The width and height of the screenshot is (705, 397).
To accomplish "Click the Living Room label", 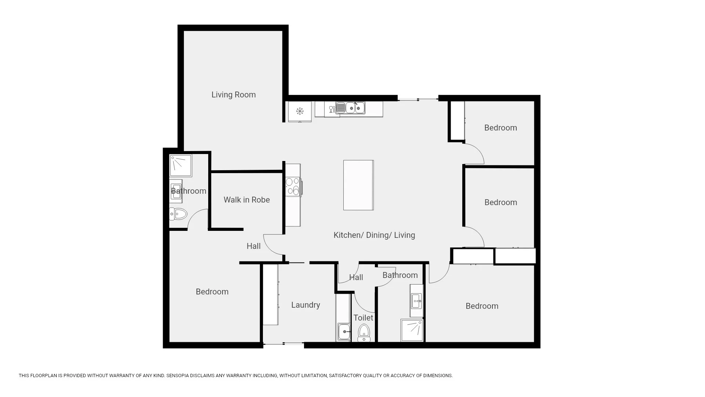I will pyautogui.click(x=234, y=95).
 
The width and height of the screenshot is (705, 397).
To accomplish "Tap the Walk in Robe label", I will pyautogui.click(x=246, y=200).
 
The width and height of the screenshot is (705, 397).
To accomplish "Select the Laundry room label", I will pyautogui.click(x=305, y=305).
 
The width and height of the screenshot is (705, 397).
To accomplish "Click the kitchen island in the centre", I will pyautogui.click(x=358, y=185).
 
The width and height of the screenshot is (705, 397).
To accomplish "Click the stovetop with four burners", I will pyautogui.click(x=293, y=186).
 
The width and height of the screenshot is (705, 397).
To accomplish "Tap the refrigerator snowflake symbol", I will pyautogui.click(x=300, y=111).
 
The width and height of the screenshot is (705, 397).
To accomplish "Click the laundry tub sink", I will pyautogui.click(x=344, y=332).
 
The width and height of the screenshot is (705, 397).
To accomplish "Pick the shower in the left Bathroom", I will pyautogui.click(x=180, y=165).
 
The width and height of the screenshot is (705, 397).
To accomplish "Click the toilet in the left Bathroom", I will pyautogui.click(x=178, y=214).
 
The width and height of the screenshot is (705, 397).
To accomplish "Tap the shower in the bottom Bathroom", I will pyautogui.click(x=412, y=330).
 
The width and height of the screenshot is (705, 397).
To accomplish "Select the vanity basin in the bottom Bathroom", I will pyautogui.click(x=416, y=301).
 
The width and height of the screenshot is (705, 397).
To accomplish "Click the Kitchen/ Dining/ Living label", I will pyautogui.click(x=374, y=235).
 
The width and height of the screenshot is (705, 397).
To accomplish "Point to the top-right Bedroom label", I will pyautogui.click(x=500, y=128).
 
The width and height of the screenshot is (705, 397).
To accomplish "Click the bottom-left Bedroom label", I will pyautogui.click(x=212, y=292).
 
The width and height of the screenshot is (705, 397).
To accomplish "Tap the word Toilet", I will pyautogui.click(x=363, y=318).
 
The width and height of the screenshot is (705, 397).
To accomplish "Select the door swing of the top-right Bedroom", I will pyautogui.click(x=476, y=154).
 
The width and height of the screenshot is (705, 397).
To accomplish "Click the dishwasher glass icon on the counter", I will pyautogui.click(x=332, y=109).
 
